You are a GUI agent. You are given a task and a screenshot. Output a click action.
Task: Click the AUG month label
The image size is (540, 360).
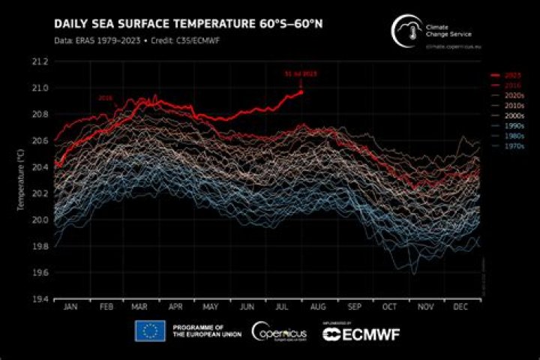317,308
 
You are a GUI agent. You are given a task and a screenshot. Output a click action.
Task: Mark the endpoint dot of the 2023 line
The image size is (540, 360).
301,91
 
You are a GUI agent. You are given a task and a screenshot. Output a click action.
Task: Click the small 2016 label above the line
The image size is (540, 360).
105,98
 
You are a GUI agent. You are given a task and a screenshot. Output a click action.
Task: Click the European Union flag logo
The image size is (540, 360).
150,331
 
